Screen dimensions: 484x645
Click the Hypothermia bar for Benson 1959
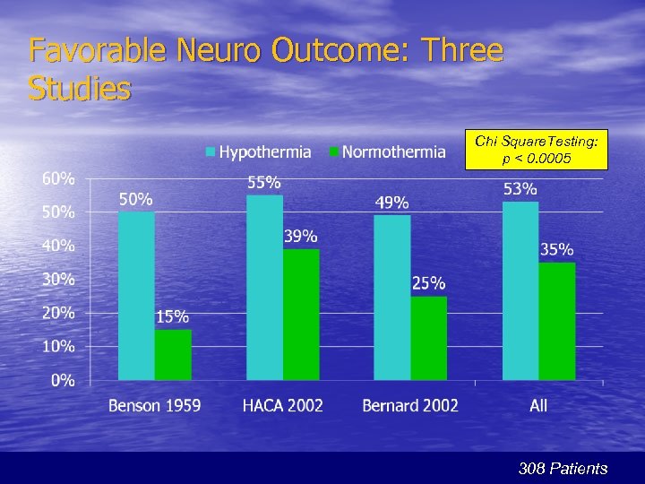(x=136, y=296)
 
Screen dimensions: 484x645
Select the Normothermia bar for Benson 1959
(x=173, y=354)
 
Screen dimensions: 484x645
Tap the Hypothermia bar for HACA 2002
(x=265, y=287)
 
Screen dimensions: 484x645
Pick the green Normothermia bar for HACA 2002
(x=301, y=314)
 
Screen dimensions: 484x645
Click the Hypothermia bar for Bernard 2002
(x=392, y=297)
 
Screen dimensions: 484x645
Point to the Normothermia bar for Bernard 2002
(x=429, y=338)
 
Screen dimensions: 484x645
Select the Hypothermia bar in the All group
(x=520, y=290)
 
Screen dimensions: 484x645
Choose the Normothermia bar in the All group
(x=557, y=321)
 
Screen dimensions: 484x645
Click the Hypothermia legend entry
(x=259, y=152)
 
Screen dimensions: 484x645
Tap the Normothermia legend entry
(x=386, y=152)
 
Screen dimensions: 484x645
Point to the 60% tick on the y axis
(x=59, y=178)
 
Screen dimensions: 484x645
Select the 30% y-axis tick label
(x=59, y=279)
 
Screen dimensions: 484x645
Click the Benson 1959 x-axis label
(x=155, y=406)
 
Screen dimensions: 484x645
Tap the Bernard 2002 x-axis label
(x=410, y=406)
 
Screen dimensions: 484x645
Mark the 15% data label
(x=172, y=316)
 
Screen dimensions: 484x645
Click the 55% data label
(x=264, y=182)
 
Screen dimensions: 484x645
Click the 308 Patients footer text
(x=563, y=468)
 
